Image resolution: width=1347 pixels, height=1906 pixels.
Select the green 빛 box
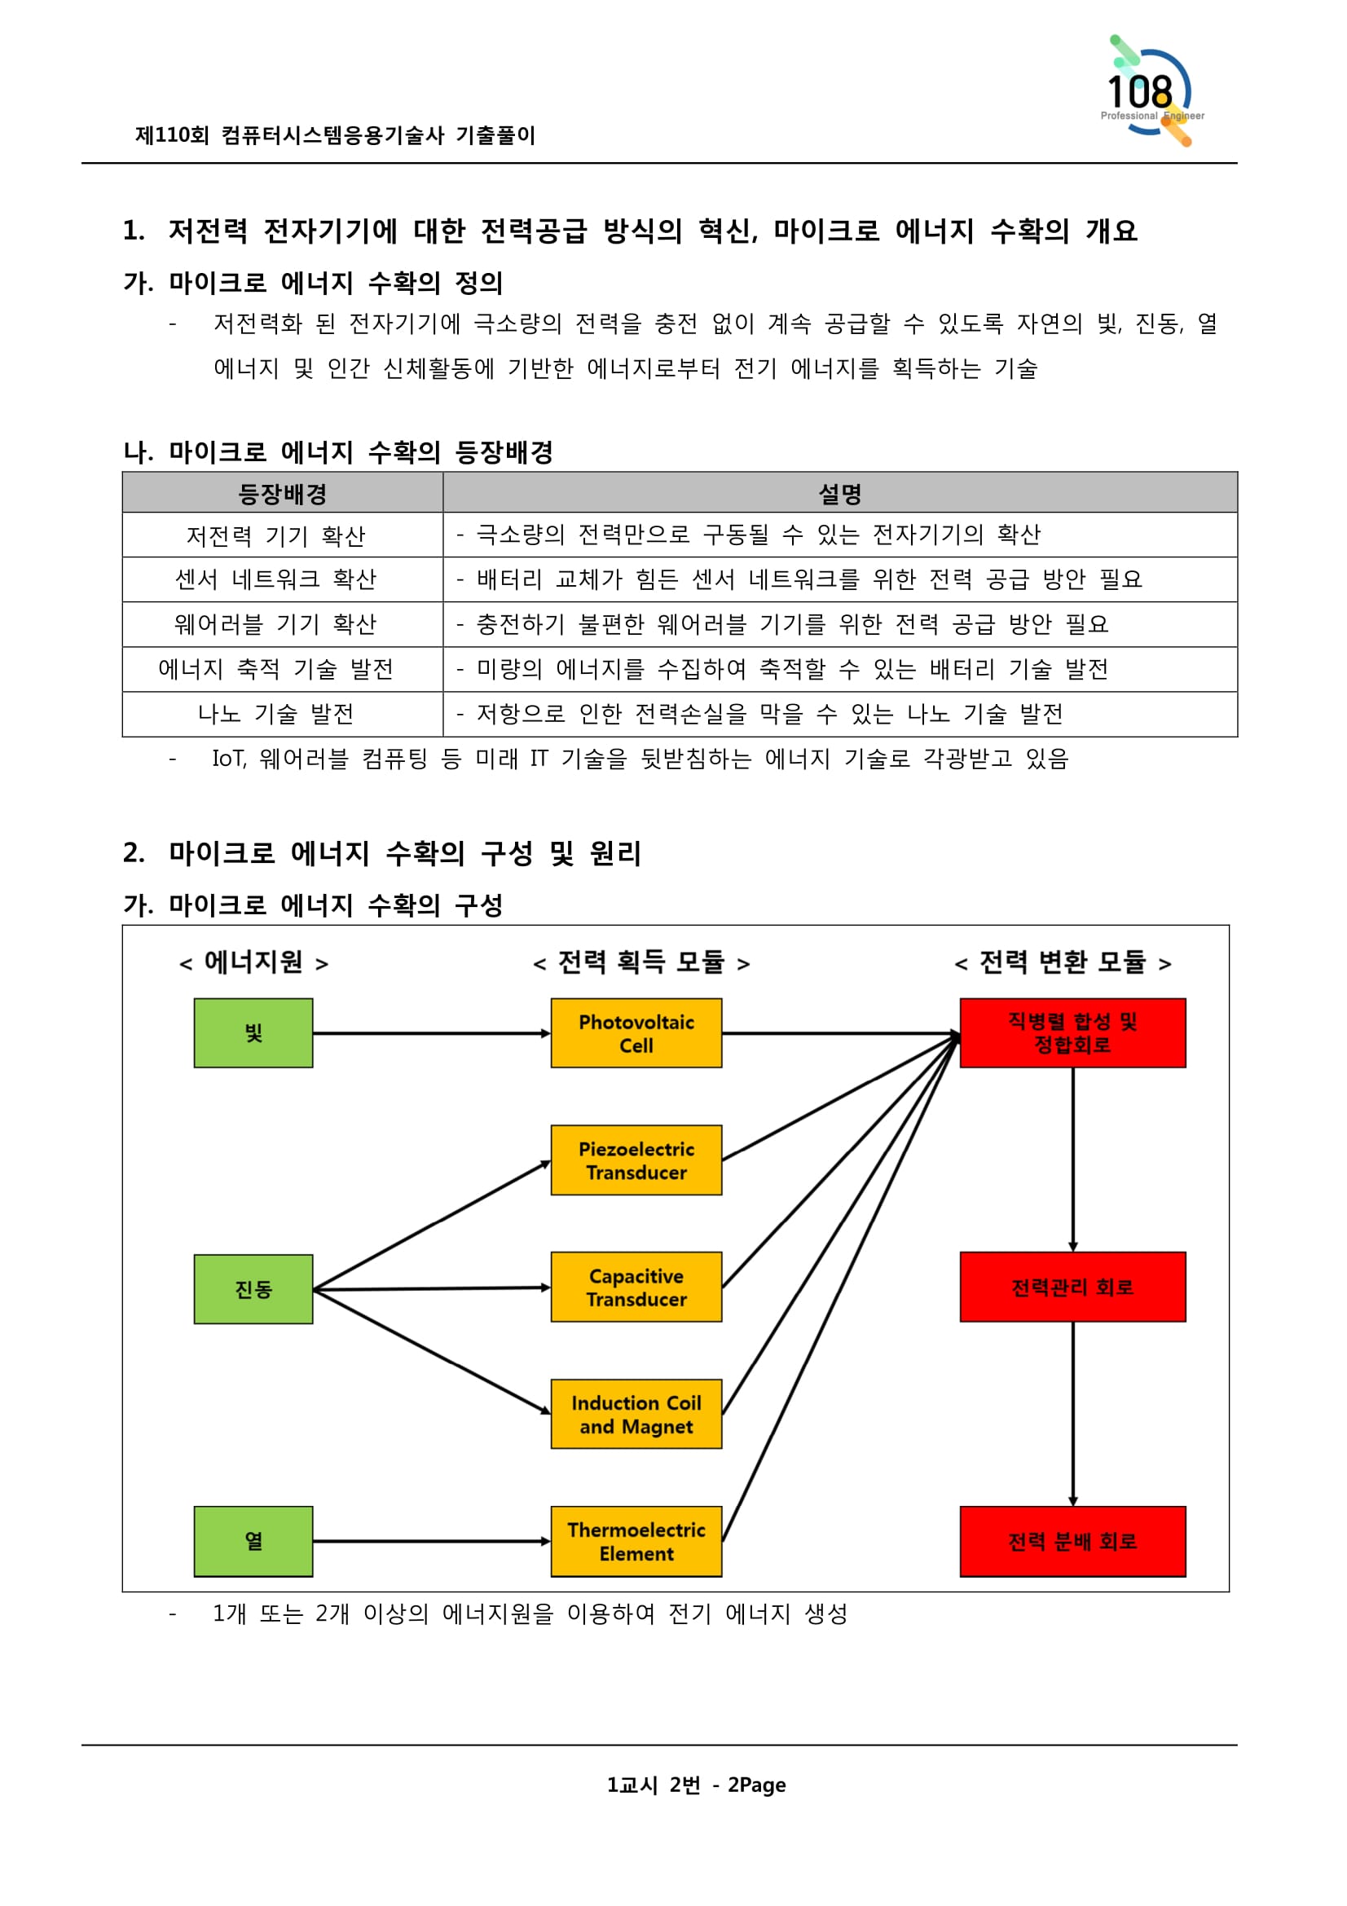coord(253,1032)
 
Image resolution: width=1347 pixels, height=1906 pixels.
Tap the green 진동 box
coord(253,1288)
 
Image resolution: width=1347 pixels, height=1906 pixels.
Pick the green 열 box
coord(253,1541)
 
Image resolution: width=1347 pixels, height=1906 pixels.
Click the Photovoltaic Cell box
coord(636,1032)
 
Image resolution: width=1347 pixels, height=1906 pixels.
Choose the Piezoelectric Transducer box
coord(636,1160)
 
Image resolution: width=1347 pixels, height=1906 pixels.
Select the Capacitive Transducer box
coord(636,1287)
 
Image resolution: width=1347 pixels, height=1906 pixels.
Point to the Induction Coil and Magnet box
coord(636,1414)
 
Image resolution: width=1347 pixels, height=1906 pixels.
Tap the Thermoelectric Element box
coord(636,1541)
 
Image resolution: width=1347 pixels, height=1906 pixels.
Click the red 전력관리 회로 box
coord(1072,1287)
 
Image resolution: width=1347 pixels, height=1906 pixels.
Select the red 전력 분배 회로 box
coord(1072,1541)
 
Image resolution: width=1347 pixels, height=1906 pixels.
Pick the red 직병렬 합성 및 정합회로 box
coord(1072,1032)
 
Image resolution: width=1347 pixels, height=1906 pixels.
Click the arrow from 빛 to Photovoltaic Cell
coord(432,1032)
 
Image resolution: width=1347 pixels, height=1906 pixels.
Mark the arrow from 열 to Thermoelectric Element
coord(432,1541)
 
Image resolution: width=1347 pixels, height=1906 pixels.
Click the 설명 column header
coord(840,493)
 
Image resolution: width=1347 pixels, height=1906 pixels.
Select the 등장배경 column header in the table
coord(282,493)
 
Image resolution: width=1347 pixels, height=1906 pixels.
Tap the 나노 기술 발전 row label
coord(275,713)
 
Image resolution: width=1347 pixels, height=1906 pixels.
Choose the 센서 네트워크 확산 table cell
coord(275,579)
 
